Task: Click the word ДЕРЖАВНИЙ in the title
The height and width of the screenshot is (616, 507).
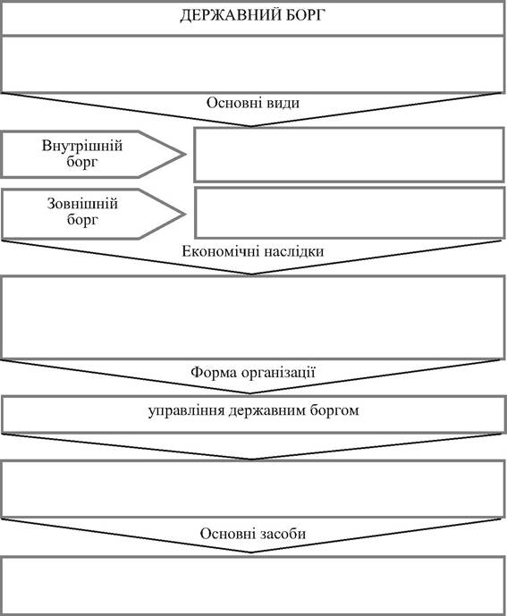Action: pyautogui.click(x=230, y=15)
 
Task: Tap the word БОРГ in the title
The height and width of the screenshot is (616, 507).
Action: pyautogui.click(x=306, y=15)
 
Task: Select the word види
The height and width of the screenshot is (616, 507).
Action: pyautogui.click(x=283, y=103)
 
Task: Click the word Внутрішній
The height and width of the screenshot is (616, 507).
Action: pyautogui.click(x=82, y=146)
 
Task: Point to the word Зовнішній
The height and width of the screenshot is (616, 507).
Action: pyautogui.click(x=82, y=204)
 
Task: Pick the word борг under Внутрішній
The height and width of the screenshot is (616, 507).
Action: pyautogui.click(x=82, y=162)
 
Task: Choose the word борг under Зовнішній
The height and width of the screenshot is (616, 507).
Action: pyautogui.click(x=82, y=220)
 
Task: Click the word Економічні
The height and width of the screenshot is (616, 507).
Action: pyautogui.click(x=221, y=251)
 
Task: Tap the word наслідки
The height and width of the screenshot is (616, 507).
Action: pyautogui.click(x=294, y=251)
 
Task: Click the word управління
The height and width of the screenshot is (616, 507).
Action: pyautogui.click(x=186, y=411)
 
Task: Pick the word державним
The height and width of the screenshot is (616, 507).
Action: pyautogui.click(x=266, y=411)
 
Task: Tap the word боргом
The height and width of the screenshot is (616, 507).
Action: pyautogui.click(x=334, y=411)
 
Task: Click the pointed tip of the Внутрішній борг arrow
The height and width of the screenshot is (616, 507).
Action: pyautogui.click(x=185, y=155)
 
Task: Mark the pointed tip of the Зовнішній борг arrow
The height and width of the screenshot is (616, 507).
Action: pyautogui.click(x=185, y=215)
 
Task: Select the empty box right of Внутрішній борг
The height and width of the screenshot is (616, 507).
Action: pyautogui.click(x=349, y=155)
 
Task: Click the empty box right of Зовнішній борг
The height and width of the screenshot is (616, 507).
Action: pyautogui.click(x=350, y=213)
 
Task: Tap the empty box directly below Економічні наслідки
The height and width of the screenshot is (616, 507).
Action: pyautogui.click(x=253, y=317)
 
